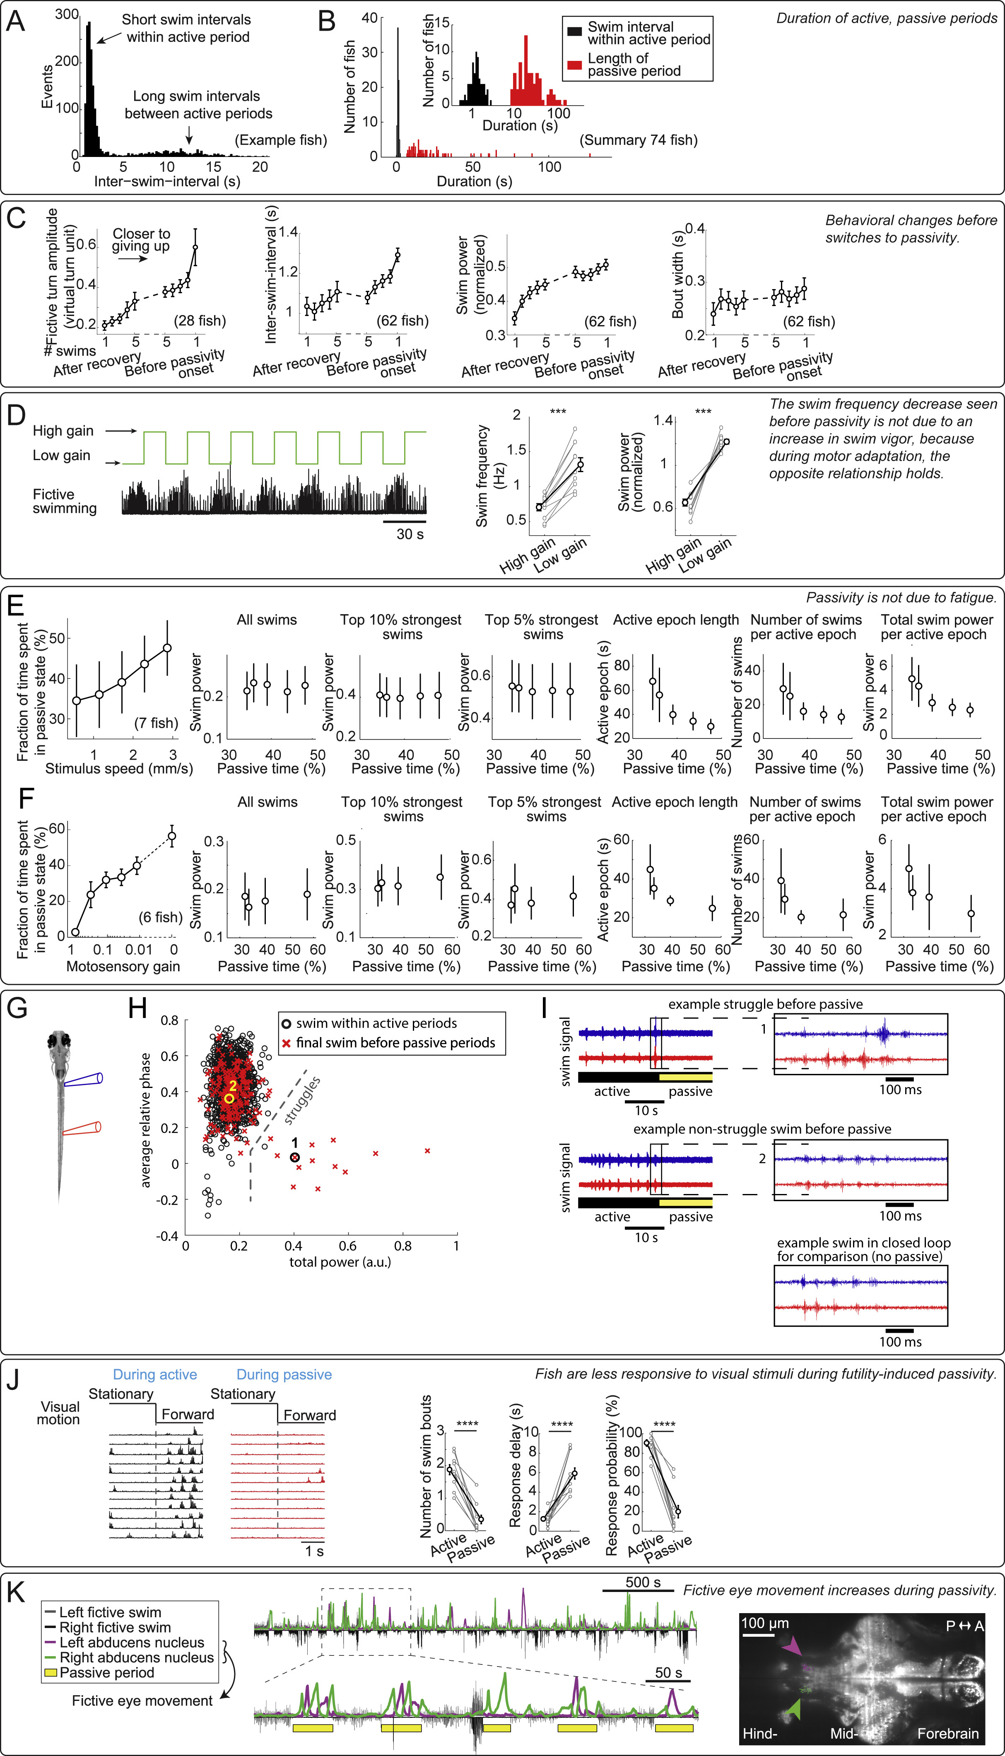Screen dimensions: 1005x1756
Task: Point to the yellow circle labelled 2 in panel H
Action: [229, 1097]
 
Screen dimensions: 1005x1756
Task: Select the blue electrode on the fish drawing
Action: [84, 1080]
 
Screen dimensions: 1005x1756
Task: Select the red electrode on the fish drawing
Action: [82, 1129]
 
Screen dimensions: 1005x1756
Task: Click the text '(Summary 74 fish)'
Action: [639, 140]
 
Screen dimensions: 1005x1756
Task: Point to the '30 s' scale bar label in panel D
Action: [410, 533]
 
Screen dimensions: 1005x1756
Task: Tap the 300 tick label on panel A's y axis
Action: [67, 14]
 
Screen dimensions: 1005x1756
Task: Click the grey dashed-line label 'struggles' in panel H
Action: [301, 1100]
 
